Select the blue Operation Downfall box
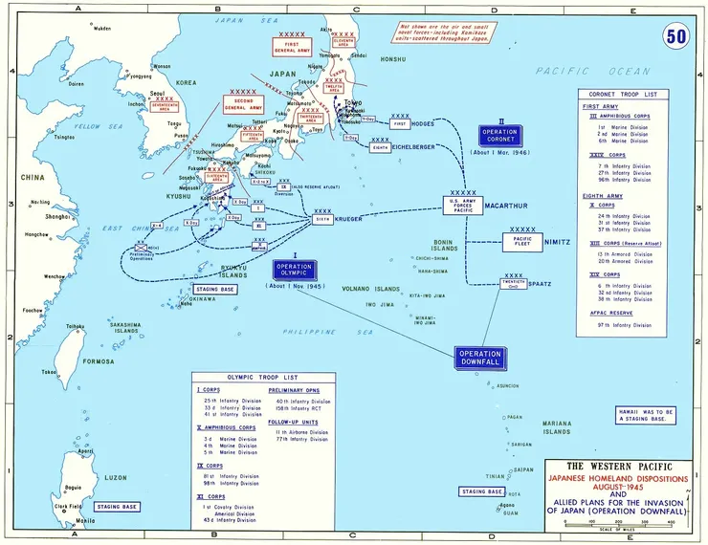click(480, 359)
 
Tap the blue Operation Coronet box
click(499, 136)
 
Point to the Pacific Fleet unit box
click(522, 242)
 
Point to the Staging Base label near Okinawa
click(215, 287)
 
